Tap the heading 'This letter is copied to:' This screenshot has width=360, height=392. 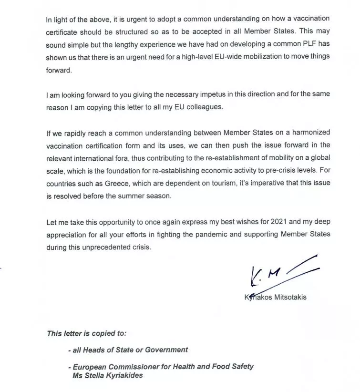point(87,333)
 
